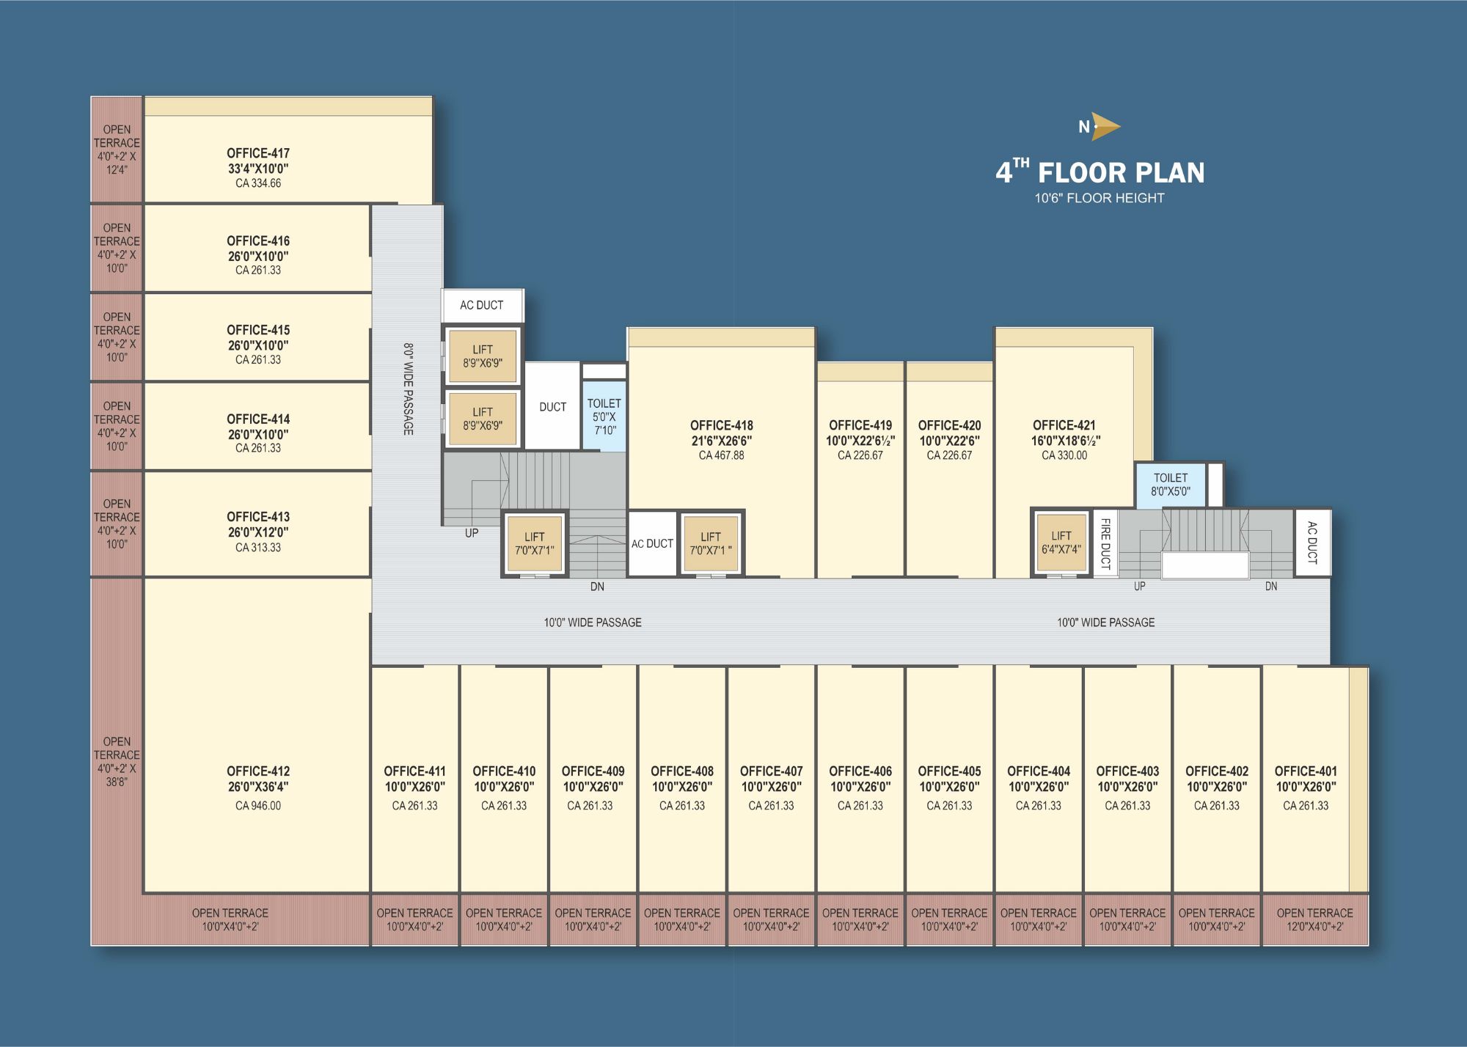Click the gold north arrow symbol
click(x=1105, y=126)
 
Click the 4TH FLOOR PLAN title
click(x=1100, y=172)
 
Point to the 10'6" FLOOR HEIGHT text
click(x=1100, y=198)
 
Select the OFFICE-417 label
click(x=258, y=153)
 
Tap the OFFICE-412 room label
click(x=258, y=771)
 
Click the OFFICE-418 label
click(x=722, y=425)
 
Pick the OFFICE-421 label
click(x=1064, y=425)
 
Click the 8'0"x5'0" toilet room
click(x=1170, y=485)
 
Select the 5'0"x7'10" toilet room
click(x=604, y=416)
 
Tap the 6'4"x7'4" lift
click(x=1061, y=543)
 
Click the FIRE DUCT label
click(x=1105, y=543)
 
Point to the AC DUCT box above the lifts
click(x=482, y=305)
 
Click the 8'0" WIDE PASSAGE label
click(x=409, y=389)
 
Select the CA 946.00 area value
click(x=258, y=806)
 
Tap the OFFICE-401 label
click(x=1306, y=771)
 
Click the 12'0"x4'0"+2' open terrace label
click(x=1315, y=919)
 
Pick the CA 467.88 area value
click(x=722, y=455)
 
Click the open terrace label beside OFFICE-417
click(x=117, y=150)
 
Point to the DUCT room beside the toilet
click(x=553, y=406)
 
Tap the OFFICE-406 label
click(x=860, y=771)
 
